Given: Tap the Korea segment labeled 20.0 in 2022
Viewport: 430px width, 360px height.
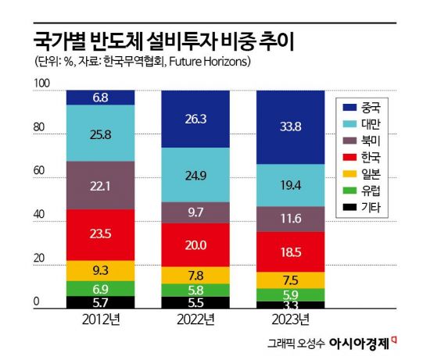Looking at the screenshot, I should click(195, 244).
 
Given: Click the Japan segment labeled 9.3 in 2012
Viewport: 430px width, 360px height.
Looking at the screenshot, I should click(100, 270).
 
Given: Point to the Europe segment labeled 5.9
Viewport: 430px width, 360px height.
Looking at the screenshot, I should click(290, 294).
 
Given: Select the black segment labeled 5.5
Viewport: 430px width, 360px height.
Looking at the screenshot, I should click(195, 302).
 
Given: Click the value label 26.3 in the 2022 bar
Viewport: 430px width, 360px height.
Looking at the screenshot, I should click(195, 119).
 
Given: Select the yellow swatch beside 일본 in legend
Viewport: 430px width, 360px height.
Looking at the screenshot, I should click(349, 174).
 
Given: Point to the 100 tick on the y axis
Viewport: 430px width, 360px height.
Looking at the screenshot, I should click(42, 83).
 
